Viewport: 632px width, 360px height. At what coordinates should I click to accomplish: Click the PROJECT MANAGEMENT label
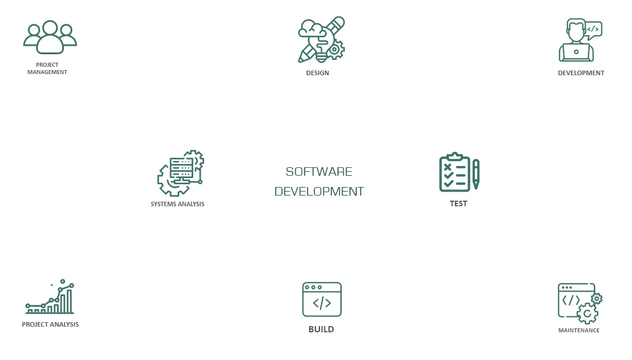click(47, 68)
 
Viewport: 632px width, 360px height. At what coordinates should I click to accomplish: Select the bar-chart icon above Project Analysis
click(50, 298)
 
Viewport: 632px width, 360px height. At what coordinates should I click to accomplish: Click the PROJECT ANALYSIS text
click(50, 324)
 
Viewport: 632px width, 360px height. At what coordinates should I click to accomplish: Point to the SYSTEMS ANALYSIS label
click(178, 204)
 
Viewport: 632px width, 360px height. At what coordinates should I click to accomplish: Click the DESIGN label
click(317, 73)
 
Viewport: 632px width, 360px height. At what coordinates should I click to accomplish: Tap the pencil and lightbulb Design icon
click(321, 40)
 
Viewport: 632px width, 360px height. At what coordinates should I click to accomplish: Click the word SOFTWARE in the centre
click(319, 172)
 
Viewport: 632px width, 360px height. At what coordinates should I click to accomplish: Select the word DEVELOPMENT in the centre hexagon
click(319, 192)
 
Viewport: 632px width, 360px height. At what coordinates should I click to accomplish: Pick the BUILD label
click(321, 329)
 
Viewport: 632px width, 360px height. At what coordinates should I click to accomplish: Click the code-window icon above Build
click(322, 300)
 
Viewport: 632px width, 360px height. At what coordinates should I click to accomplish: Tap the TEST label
click(458, 203)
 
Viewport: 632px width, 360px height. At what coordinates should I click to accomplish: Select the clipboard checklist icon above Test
click(454, 172)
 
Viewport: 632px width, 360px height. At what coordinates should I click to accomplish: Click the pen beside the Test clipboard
click(476, 174)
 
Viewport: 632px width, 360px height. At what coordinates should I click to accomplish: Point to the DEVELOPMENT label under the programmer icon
click(581, 73)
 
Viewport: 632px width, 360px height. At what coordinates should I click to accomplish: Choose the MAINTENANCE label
click(578, 330)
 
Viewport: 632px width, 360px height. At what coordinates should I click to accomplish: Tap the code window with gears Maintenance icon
click(579, 303)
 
